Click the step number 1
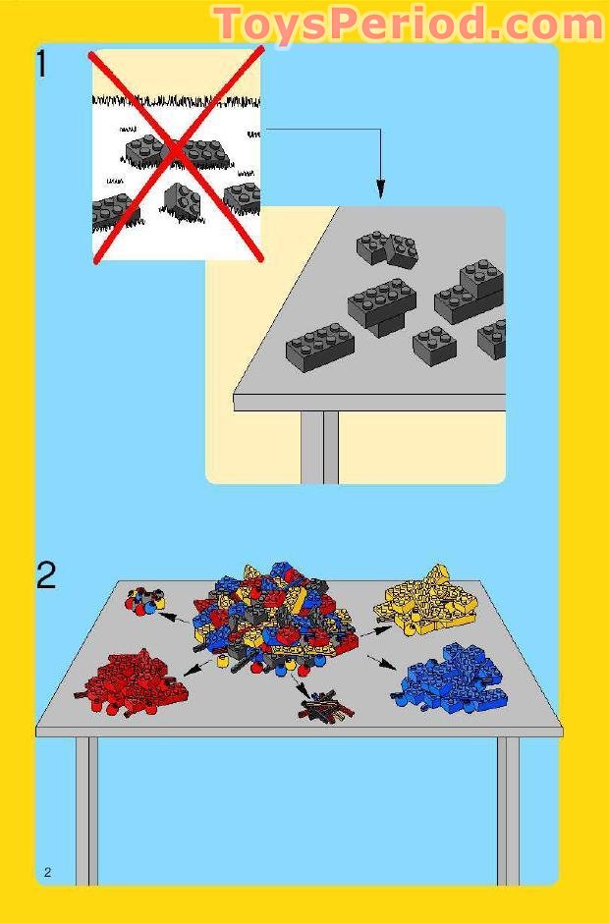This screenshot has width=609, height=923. (x=41, y=64)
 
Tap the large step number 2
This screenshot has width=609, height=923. (x=46, y=574)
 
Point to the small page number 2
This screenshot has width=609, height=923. (x=47, y=873)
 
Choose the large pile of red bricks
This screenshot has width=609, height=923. (x=126, y=680)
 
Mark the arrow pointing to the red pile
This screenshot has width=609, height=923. (x=194, y=667)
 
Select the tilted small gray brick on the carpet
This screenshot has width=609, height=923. (x=183, y=200)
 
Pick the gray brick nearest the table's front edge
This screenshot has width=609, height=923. (x=319, y=345)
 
